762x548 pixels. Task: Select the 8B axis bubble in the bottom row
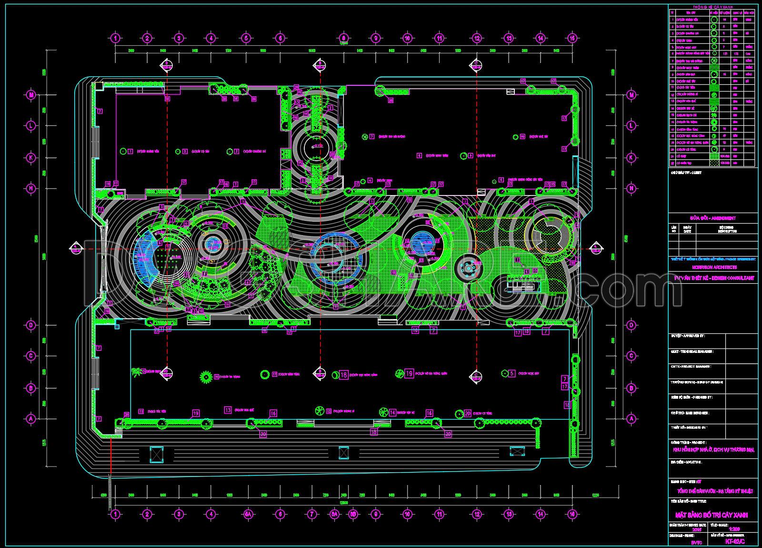(x=353, y=514)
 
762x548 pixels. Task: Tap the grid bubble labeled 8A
(x=335, y=514)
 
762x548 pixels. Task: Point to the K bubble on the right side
(x=632, y=157)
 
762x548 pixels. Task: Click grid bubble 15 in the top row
(x=572, y=38)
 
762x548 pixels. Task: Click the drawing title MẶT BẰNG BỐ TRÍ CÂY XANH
(x=712, y=515)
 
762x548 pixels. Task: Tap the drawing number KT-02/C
(x=735, y=541)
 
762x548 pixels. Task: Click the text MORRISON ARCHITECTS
(x=713, y=268)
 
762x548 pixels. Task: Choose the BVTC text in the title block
(x=696, y=542)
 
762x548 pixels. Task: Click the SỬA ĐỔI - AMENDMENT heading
(x=713, y=218)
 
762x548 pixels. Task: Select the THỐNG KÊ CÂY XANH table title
(x=713, y=7)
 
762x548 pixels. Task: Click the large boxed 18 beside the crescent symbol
(x=344, y=375)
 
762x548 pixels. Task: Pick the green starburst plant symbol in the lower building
(x=206, y=377)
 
